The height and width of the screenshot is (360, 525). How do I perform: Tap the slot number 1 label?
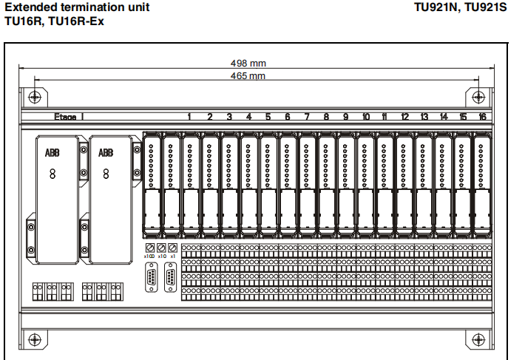click(190, 117)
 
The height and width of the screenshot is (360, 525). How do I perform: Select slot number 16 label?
click(482, 117)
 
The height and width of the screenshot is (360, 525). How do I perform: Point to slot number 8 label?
click(326, 117)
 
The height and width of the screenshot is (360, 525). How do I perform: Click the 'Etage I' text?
click(69, 117)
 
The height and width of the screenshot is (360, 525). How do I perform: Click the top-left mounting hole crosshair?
click(33, 97)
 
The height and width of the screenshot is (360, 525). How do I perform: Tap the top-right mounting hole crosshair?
click(478, 97)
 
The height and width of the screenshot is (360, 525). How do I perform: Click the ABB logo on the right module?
click(106, 153)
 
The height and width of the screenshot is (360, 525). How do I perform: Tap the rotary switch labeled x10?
click(161, 248)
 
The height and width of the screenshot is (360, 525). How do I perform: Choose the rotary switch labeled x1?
click(173, 248)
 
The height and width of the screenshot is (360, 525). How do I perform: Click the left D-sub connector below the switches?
click(152, 278)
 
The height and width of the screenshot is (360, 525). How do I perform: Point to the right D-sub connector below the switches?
click(171, 278)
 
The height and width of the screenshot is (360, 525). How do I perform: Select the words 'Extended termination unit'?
click(77, 7)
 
